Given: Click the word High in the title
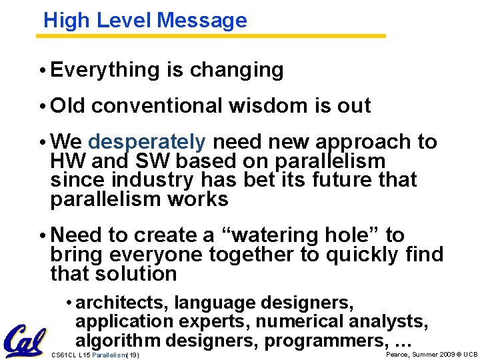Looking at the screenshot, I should pos(66,21).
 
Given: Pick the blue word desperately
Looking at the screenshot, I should pos(147,142).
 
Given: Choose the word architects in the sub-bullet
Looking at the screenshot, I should pos(121,303).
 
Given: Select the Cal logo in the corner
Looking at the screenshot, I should pos(25,341).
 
